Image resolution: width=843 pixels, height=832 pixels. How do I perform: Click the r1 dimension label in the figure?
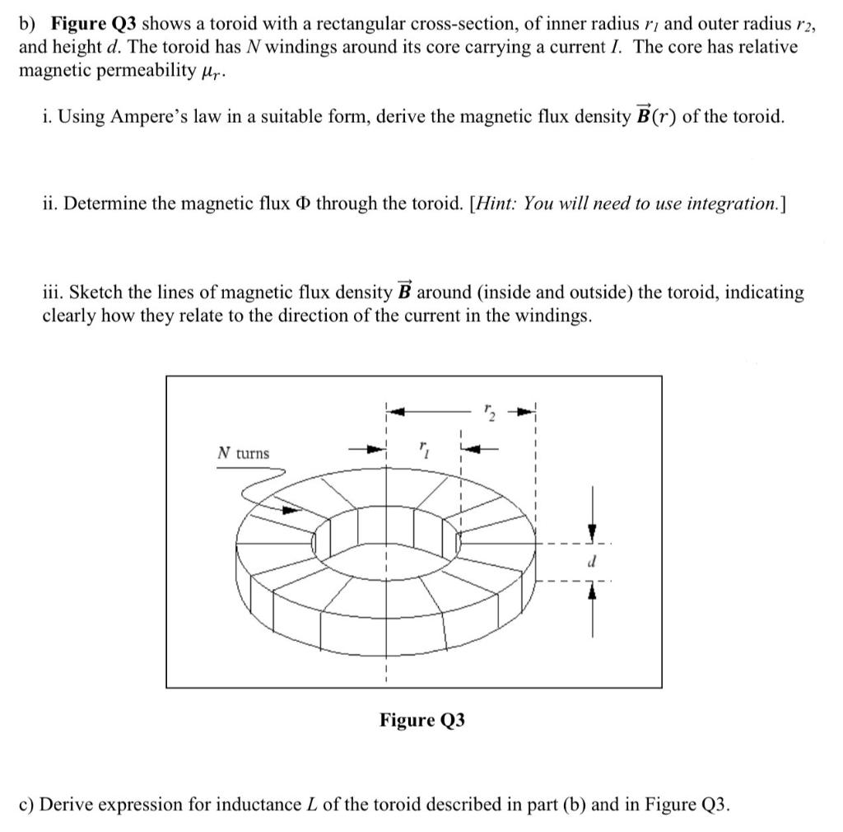click(x=423, y=449)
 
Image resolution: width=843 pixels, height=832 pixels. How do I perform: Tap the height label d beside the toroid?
click(x=591, y=560)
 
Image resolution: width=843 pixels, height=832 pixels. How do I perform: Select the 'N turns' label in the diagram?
click(x=243, y=453)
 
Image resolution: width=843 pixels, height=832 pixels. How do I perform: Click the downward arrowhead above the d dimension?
click(x=590, y=532)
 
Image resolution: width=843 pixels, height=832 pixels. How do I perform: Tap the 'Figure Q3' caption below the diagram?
click(x=421, y=720)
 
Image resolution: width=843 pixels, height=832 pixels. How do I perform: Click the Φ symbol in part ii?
click(x=338, y=204)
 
